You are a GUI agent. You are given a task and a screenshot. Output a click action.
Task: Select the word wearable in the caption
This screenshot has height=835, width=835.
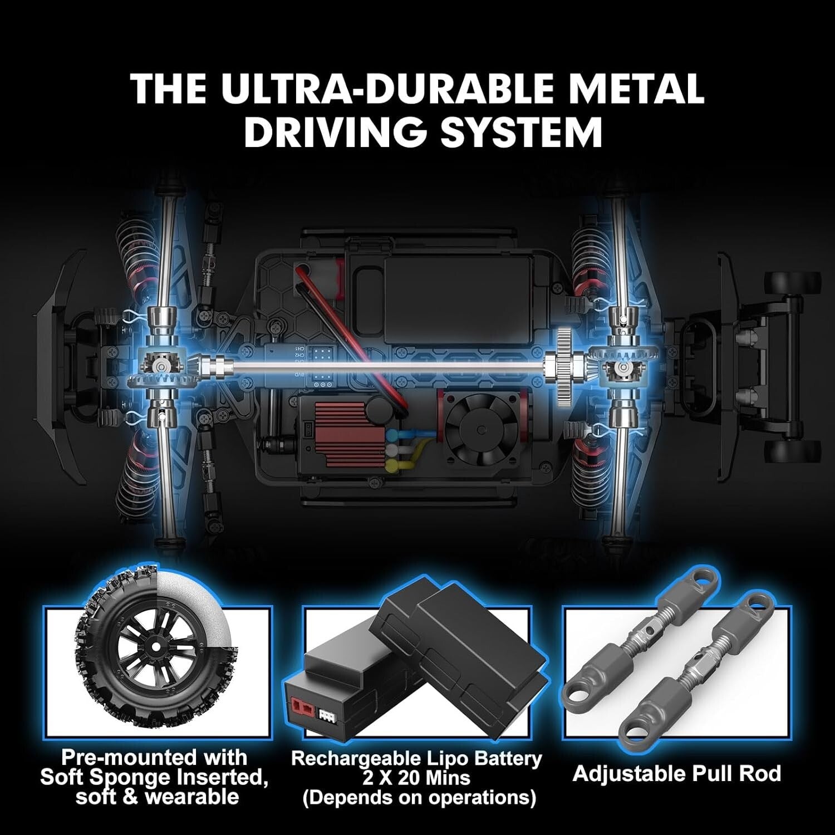click(x=192, y=797)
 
